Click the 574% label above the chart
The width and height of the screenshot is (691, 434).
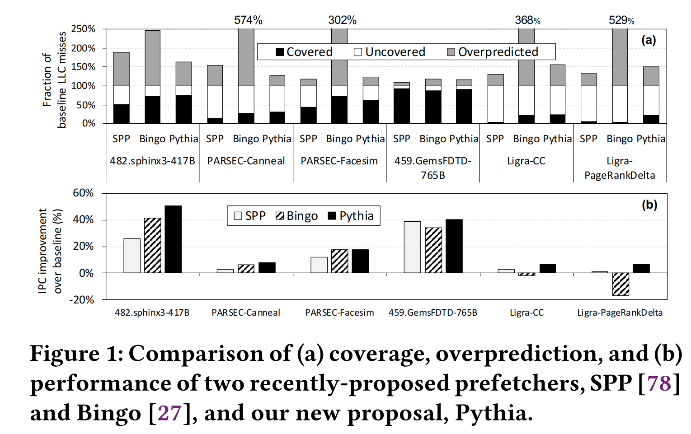248,20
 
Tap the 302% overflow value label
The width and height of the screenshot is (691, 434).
342,20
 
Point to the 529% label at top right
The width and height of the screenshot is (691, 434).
621,20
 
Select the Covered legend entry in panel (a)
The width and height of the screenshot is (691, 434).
304,52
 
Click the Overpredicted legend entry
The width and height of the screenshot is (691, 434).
493,52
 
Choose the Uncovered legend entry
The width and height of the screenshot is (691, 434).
390,52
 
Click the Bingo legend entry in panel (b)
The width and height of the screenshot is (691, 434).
297,216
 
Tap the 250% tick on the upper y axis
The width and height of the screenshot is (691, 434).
84,29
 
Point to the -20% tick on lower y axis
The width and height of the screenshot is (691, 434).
81,300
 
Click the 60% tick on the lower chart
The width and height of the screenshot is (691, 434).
83,193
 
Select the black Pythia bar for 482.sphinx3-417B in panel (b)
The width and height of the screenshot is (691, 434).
173,239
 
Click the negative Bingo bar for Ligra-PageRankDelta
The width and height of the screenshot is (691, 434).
620,284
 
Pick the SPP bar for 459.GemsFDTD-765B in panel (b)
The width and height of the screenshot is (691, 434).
412,247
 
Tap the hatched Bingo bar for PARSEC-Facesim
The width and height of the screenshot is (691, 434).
339,261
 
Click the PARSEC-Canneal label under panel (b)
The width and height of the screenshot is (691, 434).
246,313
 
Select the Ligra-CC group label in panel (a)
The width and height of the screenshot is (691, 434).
526,161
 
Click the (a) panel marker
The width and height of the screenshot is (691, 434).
649,40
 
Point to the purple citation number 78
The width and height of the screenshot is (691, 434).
659,383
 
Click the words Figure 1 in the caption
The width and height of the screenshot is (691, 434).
76,354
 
